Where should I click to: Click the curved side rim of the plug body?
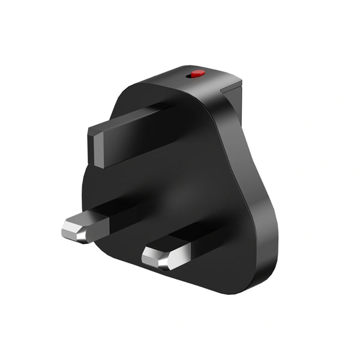pyautogui.click(x=252, y=192)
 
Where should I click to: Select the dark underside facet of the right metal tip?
pyautogui.click(x=162, y=264)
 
